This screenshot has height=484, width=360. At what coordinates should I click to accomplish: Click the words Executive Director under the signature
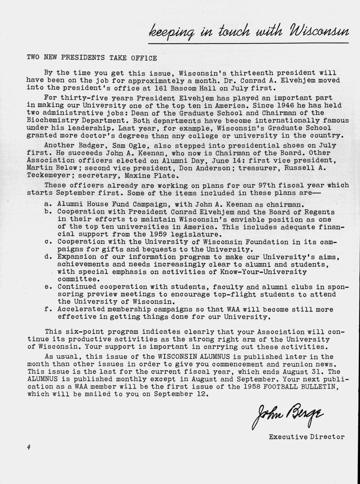click(307, 437)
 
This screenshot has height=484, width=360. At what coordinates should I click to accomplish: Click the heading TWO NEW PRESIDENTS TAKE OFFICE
click(92, 58)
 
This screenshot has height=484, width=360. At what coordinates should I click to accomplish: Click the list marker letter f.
click(48, 310)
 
